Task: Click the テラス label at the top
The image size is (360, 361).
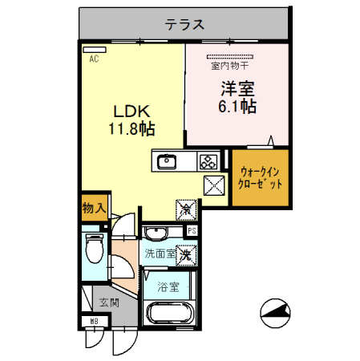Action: click(184, 24)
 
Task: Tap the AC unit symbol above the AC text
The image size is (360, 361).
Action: click(94, 50)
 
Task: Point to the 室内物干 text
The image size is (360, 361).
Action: click(230, 67)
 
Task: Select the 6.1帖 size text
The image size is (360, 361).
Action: click(237, 106)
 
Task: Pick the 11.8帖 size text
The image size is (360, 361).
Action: click(131, 128)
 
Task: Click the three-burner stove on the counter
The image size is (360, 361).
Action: click(208, 161)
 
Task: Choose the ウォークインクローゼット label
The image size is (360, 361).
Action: click(261, 176)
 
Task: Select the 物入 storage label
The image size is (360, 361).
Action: click(93, 208)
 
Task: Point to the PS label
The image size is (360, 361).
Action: click(192, 232)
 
